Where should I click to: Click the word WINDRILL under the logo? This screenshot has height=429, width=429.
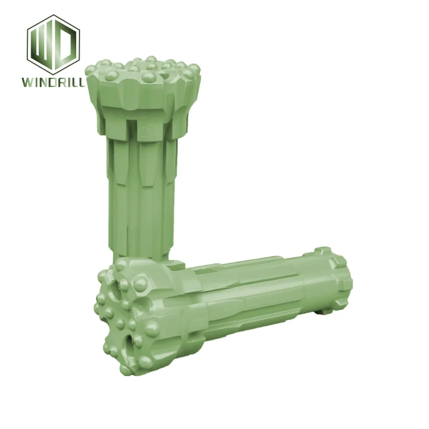[54, 82]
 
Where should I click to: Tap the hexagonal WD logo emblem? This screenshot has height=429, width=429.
[54, 44]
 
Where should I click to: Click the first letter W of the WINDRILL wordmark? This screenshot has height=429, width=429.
[27, 82]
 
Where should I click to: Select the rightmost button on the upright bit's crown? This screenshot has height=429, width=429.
[194, 69]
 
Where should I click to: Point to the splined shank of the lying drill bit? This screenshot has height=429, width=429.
[250, 301]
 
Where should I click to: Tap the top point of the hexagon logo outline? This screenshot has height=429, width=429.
[54, 16]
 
